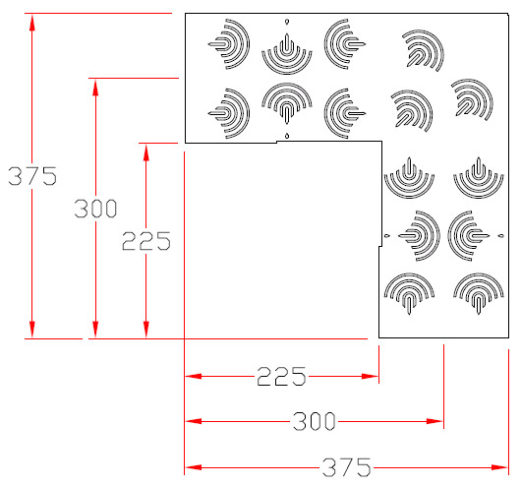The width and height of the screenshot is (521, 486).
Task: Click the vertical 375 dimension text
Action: (x=32, y=176)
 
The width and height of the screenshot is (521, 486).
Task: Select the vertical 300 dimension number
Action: (x=95, y=209)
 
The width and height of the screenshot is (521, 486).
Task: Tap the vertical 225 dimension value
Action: (x=146, y=241)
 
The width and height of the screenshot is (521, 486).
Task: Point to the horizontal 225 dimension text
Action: (x=281, y=376)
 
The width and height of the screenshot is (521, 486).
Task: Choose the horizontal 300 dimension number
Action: (x=314, y=421)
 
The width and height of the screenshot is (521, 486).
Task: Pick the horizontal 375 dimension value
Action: (x=347, y=467)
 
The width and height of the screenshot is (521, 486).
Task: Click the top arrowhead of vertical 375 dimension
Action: (x=31, y=23)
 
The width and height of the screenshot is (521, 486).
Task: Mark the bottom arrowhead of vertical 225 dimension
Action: (x=146, y=330)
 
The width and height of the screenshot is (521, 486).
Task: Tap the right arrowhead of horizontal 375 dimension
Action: (x=500, y=467)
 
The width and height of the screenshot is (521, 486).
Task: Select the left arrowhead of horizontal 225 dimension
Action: (x=193, y=376)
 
